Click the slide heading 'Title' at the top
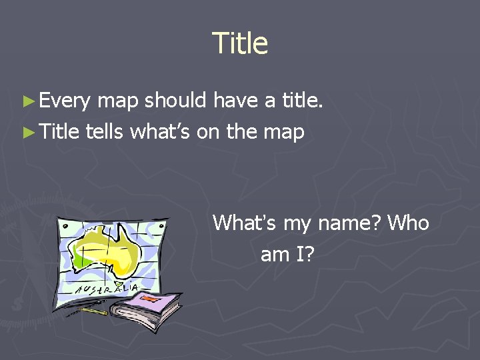point(240,44)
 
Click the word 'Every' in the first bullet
point(64,101)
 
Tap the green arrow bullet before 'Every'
point(27,101)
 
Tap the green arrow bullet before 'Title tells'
point(27,132)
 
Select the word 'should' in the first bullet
point(175,101)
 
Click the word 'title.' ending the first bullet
point(302,101)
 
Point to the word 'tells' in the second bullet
point(105,131)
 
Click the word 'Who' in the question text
point(408,223)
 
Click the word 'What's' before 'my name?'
point(244,223)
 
